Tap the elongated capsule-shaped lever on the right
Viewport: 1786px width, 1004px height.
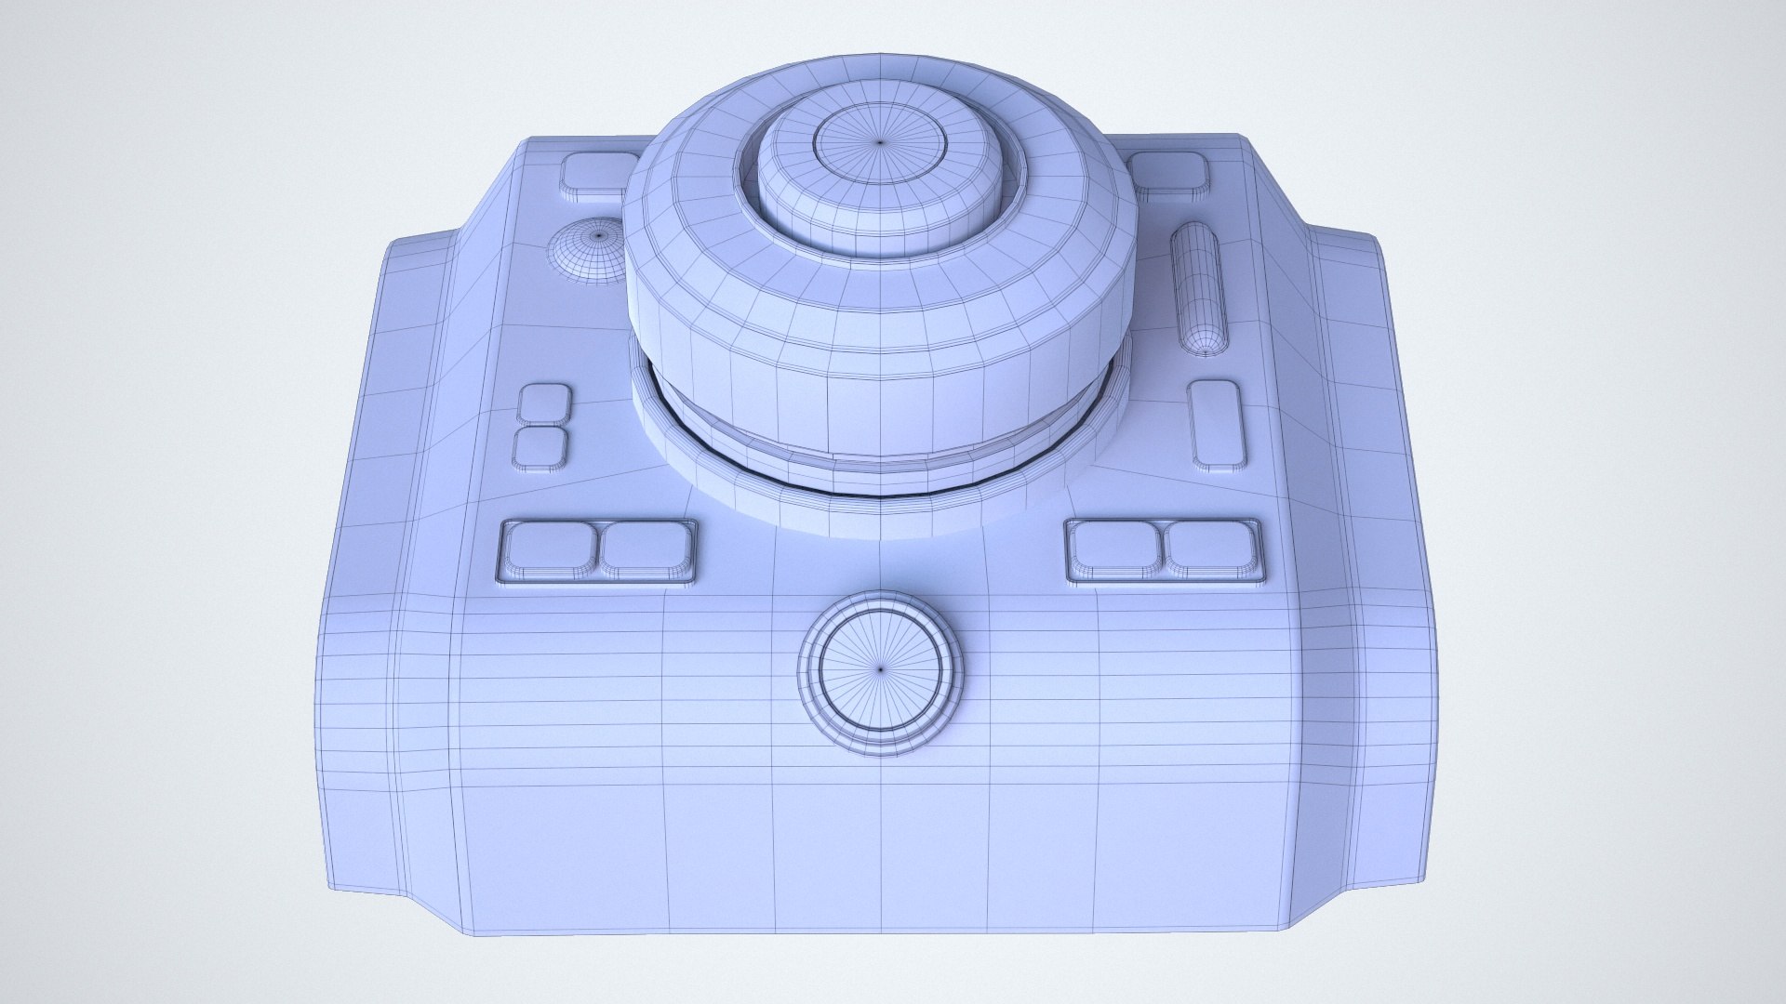coord(1199,289)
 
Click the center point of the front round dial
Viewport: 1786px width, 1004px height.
coord(881,667)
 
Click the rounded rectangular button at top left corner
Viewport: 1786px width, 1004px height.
coord(596,175)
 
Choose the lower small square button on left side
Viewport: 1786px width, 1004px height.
coord(541,447)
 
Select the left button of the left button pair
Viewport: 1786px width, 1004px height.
coord(550,548)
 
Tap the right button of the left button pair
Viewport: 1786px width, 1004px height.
coord(646,548)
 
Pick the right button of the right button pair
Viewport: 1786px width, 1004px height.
coord(1213,548)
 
